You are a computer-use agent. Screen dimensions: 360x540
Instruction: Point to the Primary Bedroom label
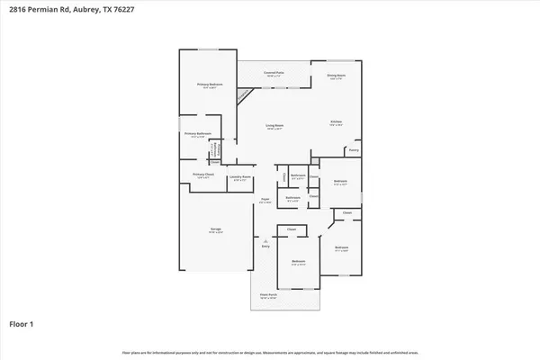pos(210,85)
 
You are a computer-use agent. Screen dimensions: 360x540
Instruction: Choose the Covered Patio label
pos(274,72)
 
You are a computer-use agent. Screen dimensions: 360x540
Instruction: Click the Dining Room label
pos(337,76)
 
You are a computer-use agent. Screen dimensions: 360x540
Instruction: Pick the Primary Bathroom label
pos(197,134)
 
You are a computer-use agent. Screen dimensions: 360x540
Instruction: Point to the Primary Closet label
pos(202,175)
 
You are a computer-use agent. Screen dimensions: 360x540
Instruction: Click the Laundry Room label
pos(238,176)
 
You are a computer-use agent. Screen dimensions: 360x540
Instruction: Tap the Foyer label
pos(265,199)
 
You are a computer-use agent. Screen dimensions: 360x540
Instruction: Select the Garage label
pos(216,230)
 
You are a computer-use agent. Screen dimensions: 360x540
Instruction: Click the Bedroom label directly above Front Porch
pos(298,262)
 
